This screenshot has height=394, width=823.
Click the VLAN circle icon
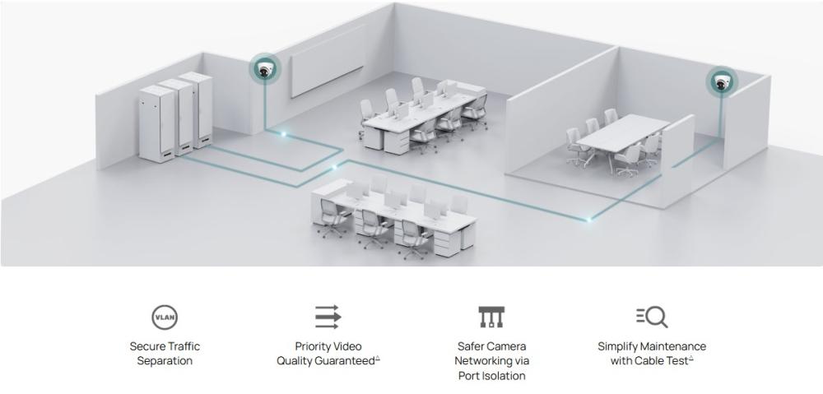(x=165, y=317)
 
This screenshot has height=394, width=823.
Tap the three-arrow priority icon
(x=328, y=317)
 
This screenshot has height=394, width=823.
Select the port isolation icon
(x=491, y=317)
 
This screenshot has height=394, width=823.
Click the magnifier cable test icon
(x=652, y=317)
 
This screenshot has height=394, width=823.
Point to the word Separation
(x=165, y=361)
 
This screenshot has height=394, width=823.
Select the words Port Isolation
(x=491, y=376)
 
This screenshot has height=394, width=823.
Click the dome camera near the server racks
(x=264, y=72)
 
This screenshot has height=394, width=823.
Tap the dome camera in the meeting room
(x=722, y=81)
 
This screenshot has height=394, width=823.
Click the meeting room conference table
(x=621, y=132)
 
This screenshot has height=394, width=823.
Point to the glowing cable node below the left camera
(x=283, y=132)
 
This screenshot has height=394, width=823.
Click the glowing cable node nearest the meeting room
(x=589, y=218)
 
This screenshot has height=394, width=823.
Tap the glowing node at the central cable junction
(x=333, y=168)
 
